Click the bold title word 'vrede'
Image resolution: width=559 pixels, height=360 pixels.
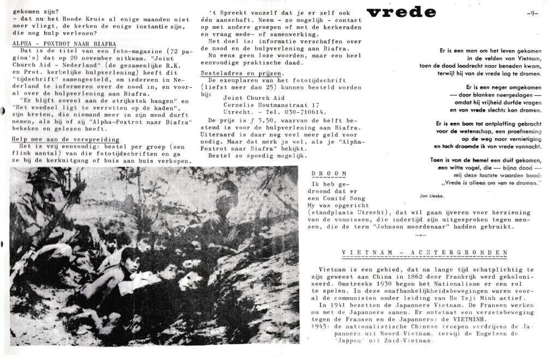(x=401, y=13)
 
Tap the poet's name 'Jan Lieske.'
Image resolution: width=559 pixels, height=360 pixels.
(x=431, y=194)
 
